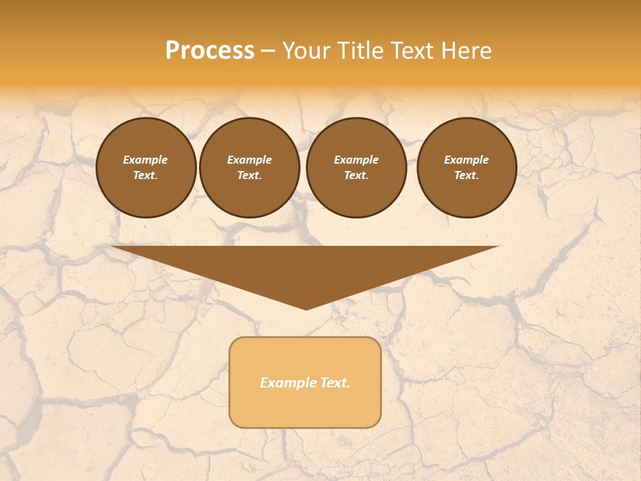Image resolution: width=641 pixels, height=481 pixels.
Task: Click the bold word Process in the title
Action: click(x=210, y=51)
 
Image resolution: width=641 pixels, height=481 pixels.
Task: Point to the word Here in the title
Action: click(x=467, y=51)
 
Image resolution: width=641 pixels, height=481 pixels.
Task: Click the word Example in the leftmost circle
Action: click(x=146, y=160)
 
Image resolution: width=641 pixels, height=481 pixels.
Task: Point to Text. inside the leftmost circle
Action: click(x=146, y=176)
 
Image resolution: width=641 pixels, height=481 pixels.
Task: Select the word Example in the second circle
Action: click(x=250, y=160)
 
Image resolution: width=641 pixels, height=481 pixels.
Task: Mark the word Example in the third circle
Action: click(x=356, y=160)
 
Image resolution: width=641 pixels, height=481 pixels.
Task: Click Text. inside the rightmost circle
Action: click(x=467, y=176)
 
